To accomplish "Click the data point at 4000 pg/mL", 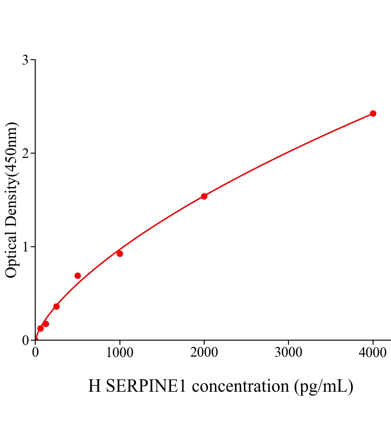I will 373,113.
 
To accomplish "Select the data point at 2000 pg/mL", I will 204,196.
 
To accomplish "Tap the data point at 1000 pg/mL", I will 120,254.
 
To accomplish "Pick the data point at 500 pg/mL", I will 78,276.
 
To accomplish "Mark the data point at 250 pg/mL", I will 56,306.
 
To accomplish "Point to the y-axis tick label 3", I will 25,60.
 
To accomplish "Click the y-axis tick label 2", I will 25,153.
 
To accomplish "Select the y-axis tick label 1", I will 25,247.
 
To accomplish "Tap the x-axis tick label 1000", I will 120,353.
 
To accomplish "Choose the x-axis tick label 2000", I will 204,353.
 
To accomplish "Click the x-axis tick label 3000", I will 289,353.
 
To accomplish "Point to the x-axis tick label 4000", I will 373,353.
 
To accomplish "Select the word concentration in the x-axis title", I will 240,386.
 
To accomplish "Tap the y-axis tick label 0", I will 25,340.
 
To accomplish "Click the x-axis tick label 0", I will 35,353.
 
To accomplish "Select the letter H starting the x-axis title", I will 95,386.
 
